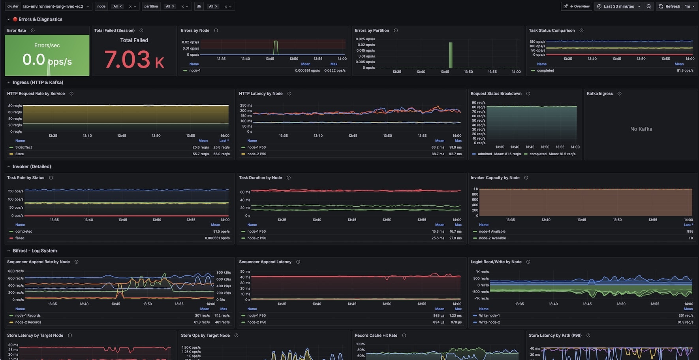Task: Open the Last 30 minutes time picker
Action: point(618,6)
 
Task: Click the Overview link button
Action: point(577,6)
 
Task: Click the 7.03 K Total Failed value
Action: point(134,60)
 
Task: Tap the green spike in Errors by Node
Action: point(276,47)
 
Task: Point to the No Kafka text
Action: point(641,129)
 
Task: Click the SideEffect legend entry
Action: point(23,147)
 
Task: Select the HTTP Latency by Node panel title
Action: point(261,94)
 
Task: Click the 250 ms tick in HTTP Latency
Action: point(246,106)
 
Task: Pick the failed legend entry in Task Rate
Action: point(20,238)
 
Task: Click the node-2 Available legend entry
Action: point(492,238)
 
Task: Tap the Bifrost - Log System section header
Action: point(35,251)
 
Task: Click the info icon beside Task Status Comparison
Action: point(581,30)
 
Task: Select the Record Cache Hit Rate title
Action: point(376,335)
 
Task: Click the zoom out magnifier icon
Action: point(649,6)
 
